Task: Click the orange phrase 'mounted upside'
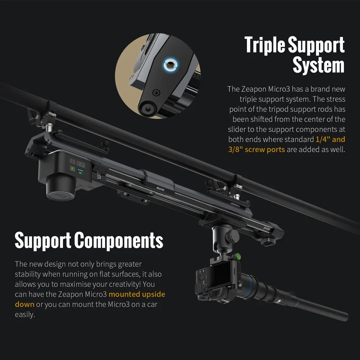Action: coord(137,294)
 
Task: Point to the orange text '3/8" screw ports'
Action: coord(256,149)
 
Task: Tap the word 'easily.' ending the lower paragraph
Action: coord(25,314)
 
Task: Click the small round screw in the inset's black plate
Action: coord(155,92)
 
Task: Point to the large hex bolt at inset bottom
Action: coord(146,109)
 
